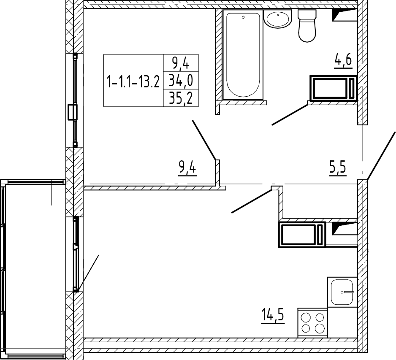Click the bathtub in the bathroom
click(x=243, y=54)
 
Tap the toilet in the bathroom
click(x=307, y=25)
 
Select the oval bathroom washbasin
click(x=278, y=19)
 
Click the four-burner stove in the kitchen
click(x=313, y=322)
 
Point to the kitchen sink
click(x=342, y=292)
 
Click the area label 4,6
click(x=343, y=61)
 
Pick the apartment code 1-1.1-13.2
click(x=133, y=82)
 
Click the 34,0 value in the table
click(x=181, y=81)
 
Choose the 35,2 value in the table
click(x=181, y=98)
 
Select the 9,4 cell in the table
click(x=181, y=64)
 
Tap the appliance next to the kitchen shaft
click(x=302, y=235)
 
